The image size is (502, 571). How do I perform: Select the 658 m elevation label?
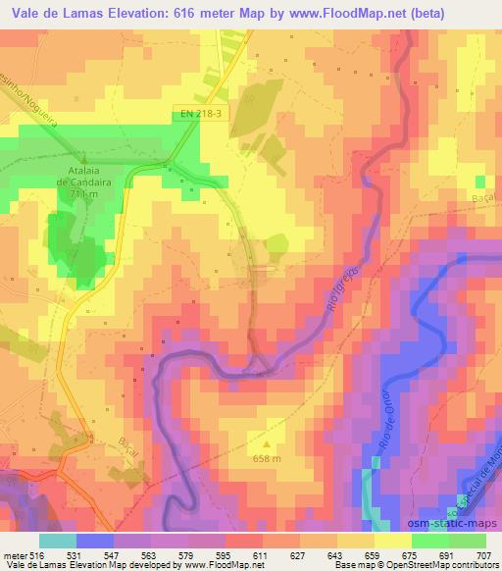pyautogui.click(x=268, y=459)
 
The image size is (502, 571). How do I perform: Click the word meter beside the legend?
pyautogui.click(x=16, y=554)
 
